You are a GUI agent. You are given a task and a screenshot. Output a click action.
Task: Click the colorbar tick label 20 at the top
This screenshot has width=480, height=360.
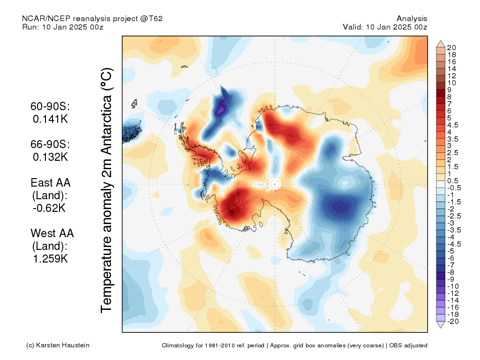tap(451, 48)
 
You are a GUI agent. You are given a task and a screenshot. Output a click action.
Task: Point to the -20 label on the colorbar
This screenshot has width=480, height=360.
tap(453, 322)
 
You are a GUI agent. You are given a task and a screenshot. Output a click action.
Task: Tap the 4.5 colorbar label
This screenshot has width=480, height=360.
tap(453, 125)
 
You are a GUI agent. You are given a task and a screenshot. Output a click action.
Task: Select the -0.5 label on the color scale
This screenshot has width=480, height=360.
tap(454, 188)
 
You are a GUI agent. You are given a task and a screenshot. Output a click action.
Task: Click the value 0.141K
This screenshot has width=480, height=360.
tap(50, 119)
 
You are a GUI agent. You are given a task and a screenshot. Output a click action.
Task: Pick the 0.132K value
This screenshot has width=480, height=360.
tap(50, 157)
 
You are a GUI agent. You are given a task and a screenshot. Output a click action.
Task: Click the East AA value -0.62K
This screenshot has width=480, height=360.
tap(49, 208)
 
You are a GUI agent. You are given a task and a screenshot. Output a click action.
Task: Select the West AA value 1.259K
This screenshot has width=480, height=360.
tap(50, 259)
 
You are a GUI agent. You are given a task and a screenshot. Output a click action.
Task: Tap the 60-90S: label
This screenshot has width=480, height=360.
tap(50, 106)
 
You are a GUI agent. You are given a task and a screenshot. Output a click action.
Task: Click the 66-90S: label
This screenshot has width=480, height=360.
tap(50, 144)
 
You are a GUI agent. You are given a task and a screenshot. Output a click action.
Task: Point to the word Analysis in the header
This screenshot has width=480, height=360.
tap(412, 19)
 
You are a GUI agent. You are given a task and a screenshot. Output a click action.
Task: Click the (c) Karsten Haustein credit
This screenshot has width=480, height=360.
tap(58, 345)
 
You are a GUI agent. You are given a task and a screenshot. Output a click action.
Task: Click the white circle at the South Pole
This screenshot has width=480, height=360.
tap(275, 184)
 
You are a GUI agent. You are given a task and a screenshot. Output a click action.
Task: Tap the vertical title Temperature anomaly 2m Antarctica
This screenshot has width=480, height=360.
tap(107, 190)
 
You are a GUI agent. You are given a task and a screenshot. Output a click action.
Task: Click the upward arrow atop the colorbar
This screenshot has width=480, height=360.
tap(441, 43)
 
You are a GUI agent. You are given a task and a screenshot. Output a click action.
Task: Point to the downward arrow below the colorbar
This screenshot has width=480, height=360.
tap(441, 325)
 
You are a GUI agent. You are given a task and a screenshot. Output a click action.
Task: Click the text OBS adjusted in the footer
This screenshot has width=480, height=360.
tap(408, 345)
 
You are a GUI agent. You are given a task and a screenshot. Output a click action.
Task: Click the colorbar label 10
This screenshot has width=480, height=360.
tap(451, 83)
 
